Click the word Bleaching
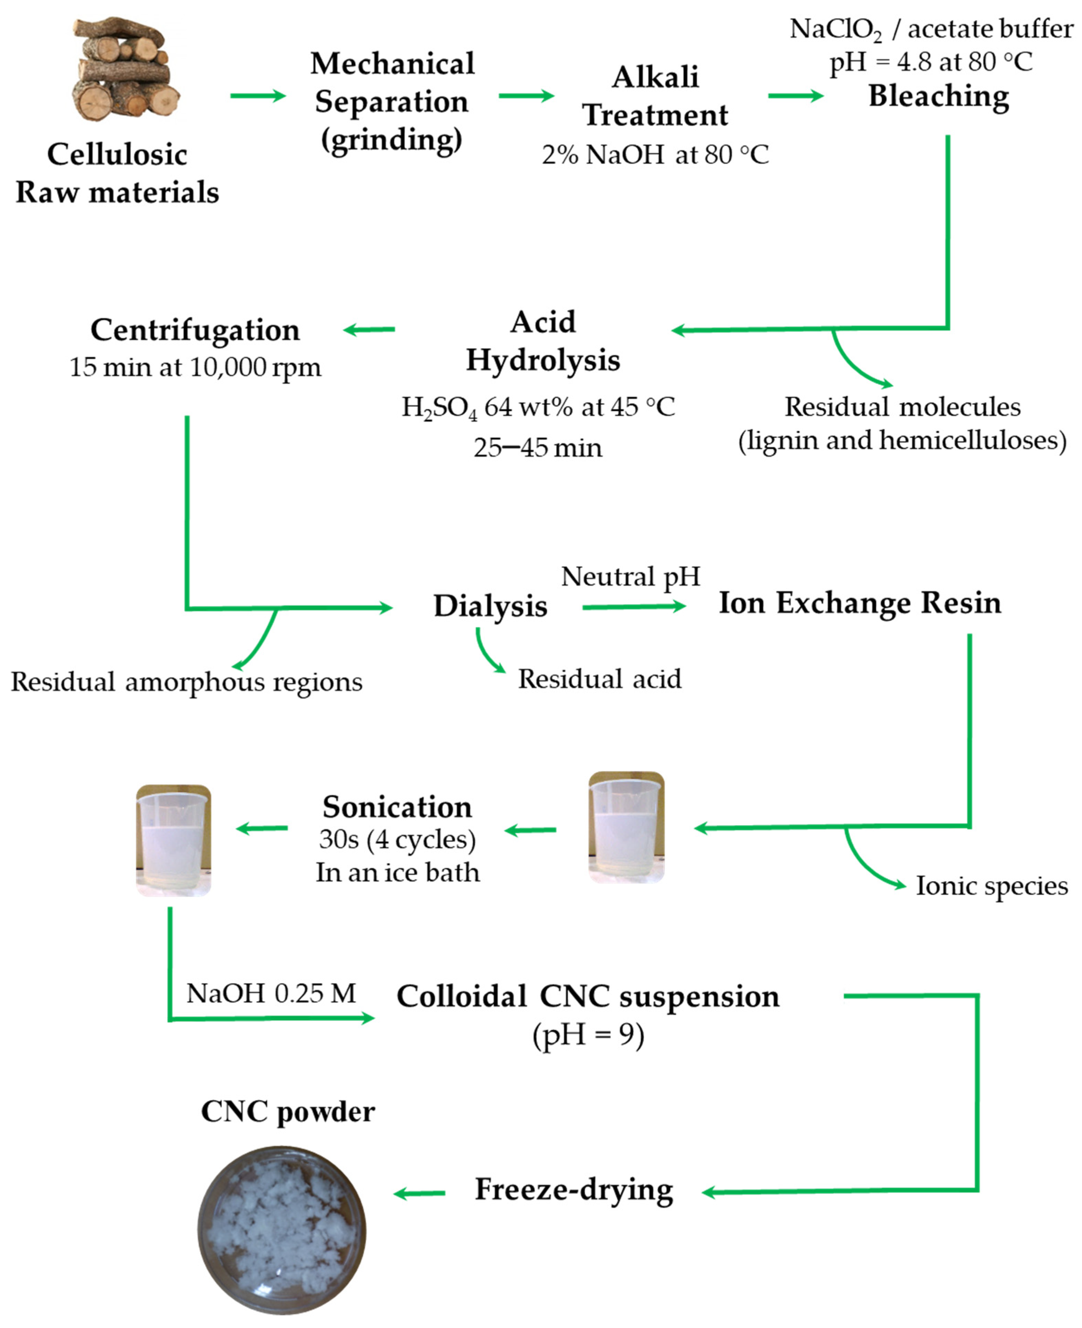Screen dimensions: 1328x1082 point(939,97)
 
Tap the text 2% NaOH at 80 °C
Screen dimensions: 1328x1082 point(655,155)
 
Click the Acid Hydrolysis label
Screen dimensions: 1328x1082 point(543,341)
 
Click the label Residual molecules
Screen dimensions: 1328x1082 point(902,407)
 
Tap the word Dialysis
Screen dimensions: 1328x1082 point(491,606)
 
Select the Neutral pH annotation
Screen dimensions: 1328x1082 point(631,577)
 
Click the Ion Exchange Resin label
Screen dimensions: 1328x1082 point(860,603)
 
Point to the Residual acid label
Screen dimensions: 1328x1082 point(600,679)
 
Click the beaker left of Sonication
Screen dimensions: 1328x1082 point(173,840)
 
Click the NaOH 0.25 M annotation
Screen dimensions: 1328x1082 point(271,993)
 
